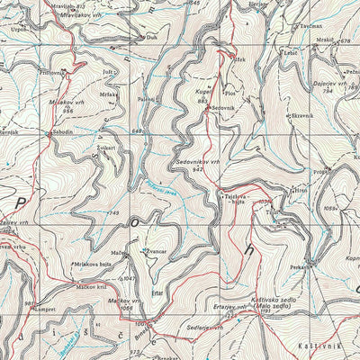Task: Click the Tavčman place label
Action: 311,26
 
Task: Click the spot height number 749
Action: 113,212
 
